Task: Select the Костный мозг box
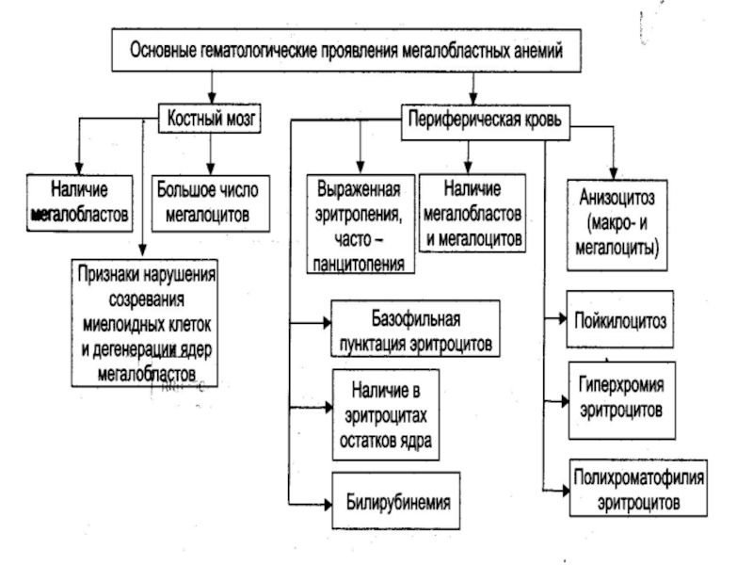click(212, 120)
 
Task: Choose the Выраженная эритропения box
click(359, 223)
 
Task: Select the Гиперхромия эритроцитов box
click(620, 398)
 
